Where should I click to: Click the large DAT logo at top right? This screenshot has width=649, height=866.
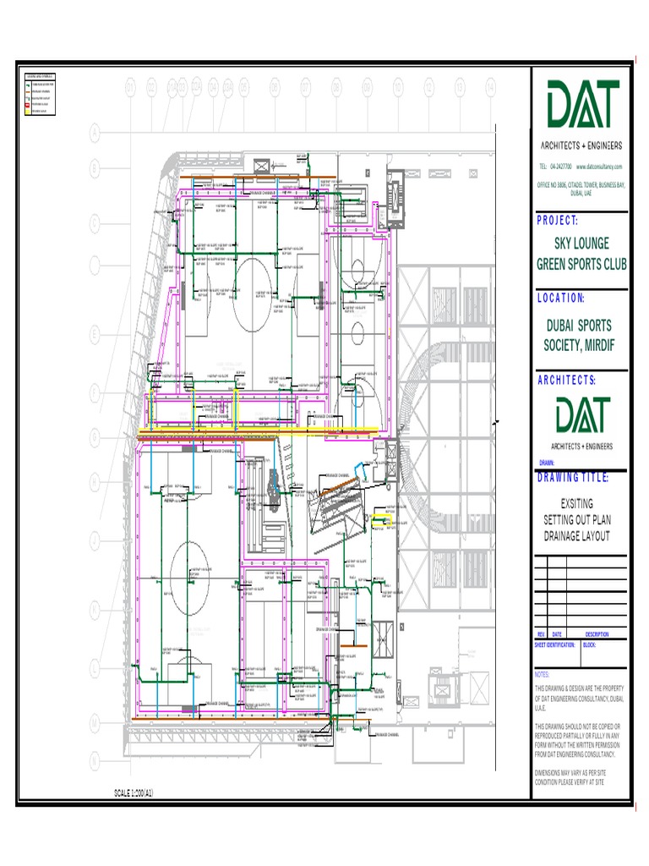pos(583,107)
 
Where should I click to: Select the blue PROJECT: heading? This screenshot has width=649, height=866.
pos(557,222)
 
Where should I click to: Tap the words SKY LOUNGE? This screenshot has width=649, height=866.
pos(582,244)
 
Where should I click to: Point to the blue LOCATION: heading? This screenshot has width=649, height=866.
pos(561,298)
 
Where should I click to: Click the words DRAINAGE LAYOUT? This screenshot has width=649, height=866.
pos(581,536)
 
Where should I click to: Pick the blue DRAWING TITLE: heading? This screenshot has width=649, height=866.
pos(573,478)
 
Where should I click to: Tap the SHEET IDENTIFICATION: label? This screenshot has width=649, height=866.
pos(555,644)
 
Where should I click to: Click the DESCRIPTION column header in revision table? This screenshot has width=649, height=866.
pos(597,634)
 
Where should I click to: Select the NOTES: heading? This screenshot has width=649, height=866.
pos(543,675)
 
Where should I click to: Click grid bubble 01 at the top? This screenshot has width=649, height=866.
pos(131,86)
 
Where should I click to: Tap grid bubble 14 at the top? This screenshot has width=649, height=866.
pos(490,86)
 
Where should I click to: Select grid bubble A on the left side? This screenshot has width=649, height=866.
pos(95,132)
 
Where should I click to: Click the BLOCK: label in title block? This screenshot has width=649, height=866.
pos(590,644)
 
